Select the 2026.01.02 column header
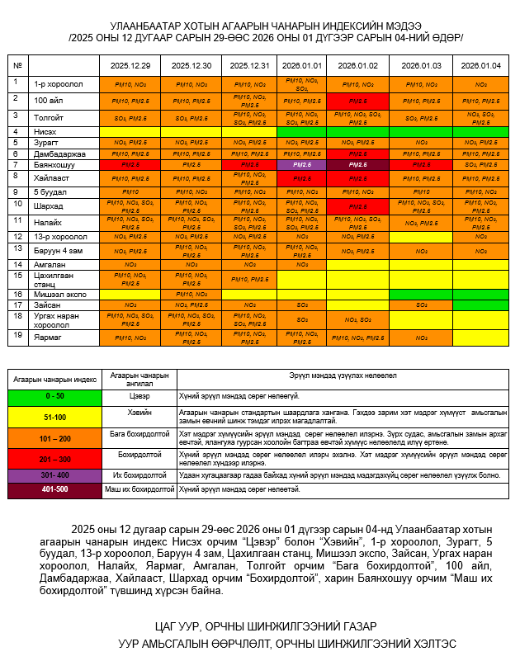point(358,65)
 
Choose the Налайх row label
point(49,221)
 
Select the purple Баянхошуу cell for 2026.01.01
point(302,165)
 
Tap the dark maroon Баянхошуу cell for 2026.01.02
point(358,165)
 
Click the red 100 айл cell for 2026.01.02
point(358,101)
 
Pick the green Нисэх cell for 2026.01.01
point(302,131)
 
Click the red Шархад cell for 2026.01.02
point(358,206)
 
